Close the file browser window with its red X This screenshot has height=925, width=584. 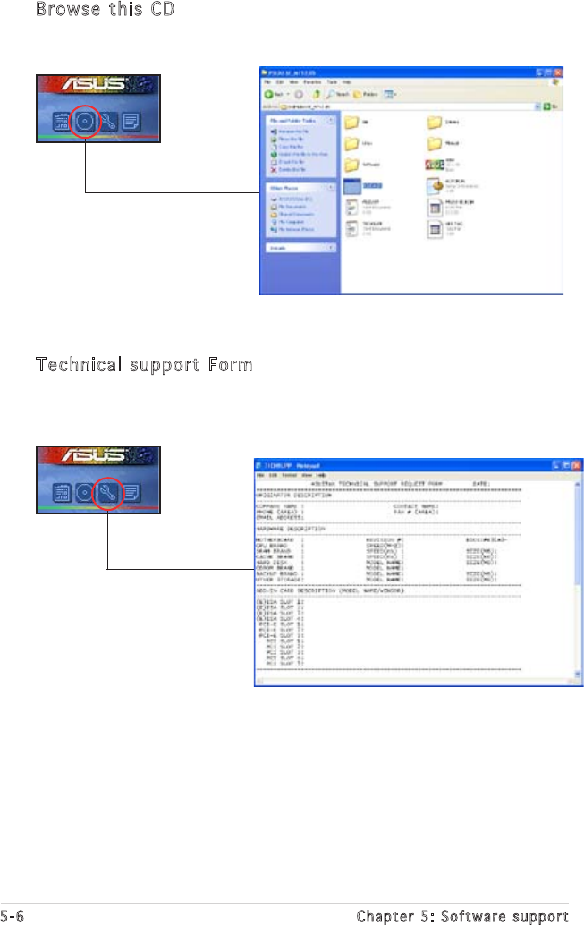click(557, 72)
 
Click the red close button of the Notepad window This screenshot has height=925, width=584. click(577, 466)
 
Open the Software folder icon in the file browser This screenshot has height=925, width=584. click(353, 165)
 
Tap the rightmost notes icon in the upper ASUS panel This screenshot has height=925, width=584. click(131, 122)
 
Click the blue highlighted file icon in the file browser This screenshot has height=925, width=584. click(353, 185)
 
